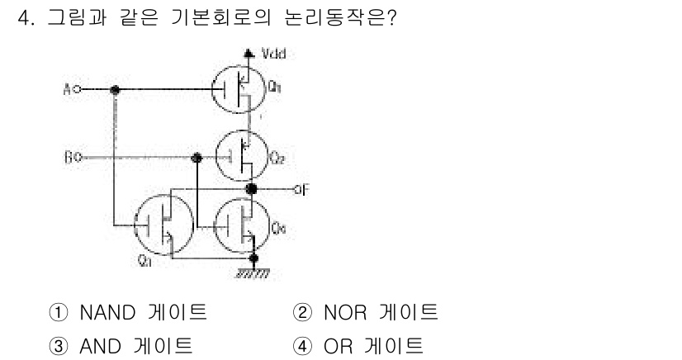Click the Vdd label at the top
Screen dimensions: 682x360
click(273, 55)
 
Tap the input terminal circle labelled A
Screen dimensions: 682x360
click(75, 88)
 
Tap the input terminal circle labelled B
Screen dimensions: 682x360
click(75, 157)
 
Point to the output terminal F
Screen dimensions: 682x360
click(300, 190)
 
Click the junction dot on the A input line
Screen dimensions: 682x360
click(116, 88)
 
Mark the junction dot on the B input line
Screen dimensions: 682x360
click(197, 157)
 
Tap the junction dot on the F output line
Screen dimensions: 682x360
click(253, 190)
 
